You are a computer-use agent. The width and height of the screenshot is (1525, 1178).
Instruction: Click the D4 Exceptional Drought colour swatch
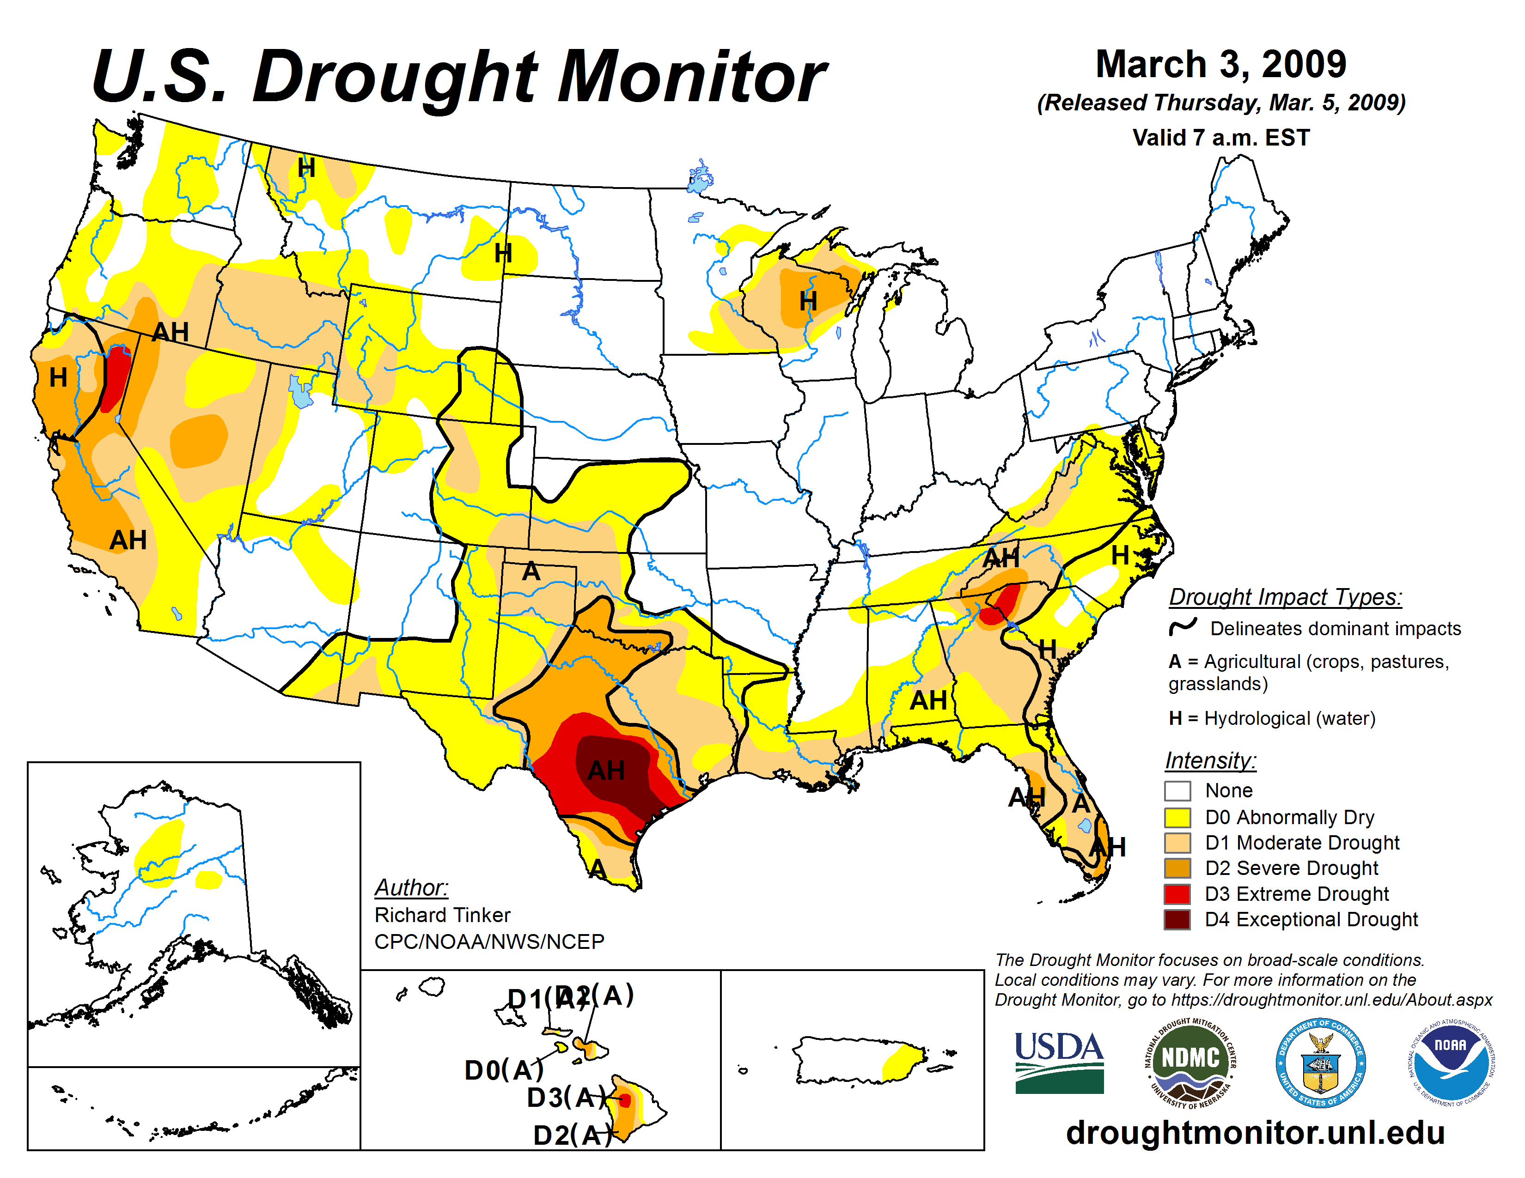coord(1177,919)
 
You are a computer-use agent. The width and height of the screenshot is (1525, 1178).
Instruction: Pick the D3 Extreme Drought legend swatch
coord(1177,893)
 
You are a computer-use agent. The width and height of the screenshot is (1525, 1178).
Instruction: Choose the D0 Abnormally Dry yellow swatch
coord(1177,816)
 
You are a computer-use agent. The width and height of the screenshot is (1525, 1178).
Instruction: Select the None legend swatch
coord(1177,791)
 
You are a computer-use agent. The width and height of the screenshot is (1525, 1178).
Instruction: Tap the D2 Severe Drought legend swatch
coord(1177,868)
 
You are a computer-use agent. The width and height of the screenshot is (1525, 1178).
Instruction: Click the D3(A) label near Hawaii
coord(566,1098)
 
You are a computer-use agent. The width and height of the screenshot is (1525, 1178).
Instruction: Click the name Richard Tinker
coord(442,915)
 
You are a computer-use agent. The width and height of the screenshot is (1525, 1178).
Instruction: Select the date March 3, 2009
coord(1220,64)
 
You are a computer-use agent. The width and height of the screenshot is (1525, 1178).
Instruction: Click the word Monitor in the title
coord(691,77)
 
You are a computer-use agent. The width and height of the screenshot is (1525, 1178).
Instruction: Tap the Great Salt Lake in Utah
coord(301,392)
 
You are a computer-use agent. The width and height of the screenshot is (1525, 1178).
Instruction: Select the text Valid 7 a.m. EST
coord(1220,138)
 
